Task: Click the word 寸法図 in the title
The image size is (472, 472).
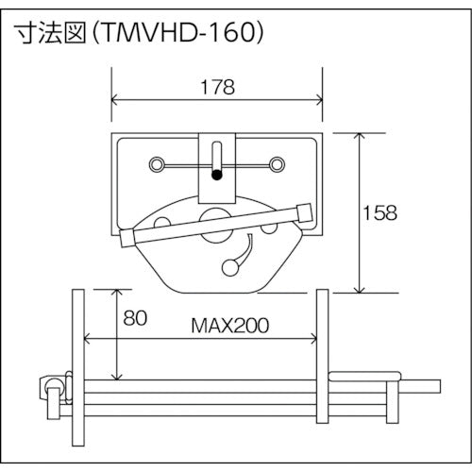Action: point(47,33)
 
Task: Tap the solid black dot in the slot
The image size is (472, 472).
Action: point(216,174)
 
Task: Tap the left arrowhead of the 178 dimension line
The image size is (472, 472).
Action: point(116,101)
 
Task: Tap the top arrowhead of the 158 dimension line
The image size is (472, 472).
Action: point(360,135)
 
